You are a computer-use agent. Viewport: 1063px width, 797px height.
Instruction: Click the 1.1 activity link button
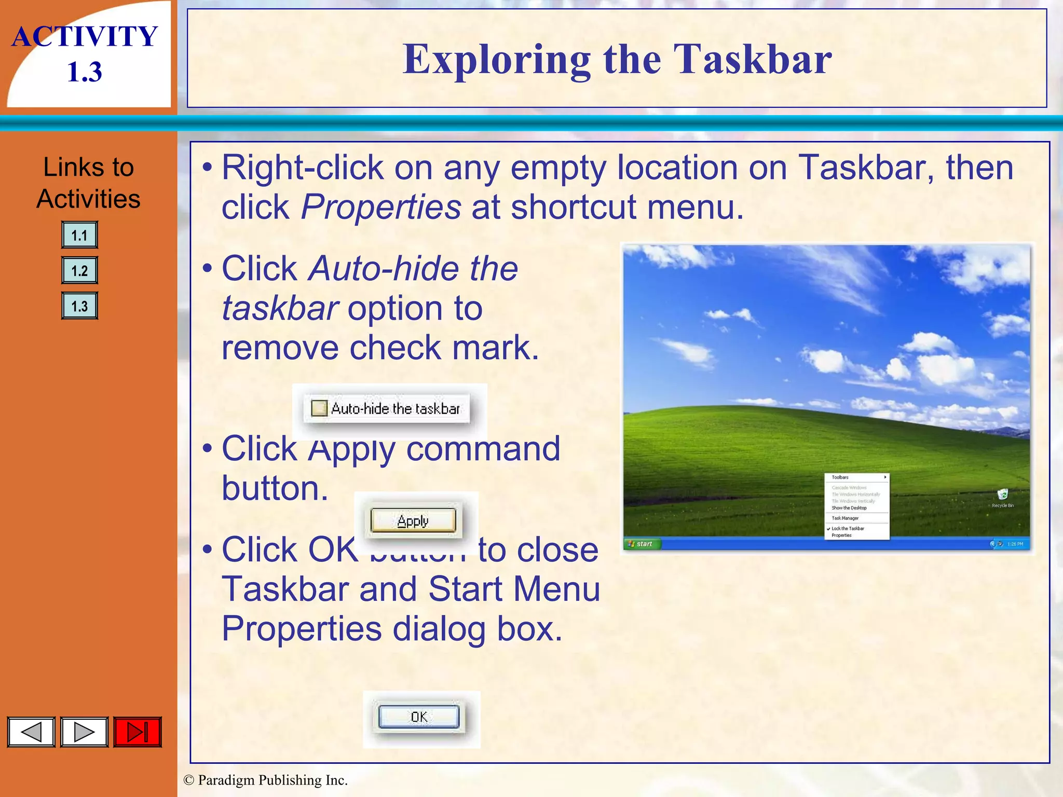pyautogui.click(x=79, y=235)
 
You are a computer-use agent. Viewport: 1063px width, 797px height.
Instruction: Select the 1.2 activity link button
pyautogui.click(x=79, y=270)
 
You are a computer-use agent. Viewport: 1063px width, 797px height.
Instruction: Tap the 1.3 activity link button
pyautogui.click(x=79, y=306)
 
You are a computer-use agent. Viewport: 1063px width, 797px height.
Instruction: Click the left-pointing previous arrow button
pyautogui.click(x=31, y=732)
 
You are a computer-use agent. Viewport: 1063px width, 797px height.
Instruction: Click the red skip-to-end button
pyautogui.click(x=138, y=732)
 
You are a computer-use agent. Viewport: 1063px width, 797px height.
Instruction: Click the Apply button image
pyautogui.click(x=413, y=520)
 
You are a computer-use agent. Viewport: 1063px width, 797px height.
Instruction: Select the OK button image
pyautogui.click(x=419, y=717)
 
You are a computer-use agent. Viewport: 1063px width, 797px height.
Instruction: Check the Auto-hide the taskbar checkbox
pyautogui.click(x=319, y=408)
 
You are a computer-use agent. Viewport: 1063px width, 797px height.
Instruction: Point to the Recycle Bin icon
pyautogui.click(x=1003, y=495)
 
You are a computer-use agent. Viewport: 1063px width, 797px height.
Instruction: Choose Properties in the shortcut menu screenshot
pyautogui.click(x=841, y=535)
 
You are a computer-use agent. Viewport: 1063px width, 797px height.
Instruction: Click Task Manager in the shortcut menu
pyautogui.click(x=845, y=518)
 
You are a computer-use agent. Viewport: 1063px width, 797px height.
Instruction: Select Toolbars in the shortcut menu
pyautogui.click(x=840, y=477)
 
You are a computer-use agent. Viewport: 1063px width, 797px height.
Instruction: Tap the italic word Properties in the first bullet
pyautogui.click(x=380, y=207)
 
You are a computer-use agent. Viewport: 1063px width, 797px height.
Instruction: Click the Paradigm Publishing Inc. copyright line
pyautogui.click(x=266, y=780)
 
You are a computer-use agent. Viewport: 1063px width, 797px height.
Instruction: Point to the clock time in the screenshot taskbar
pyautogui.click(x=1015, y=544)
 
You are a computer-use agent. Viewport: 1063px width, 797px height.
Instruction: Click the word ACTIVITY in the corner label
pyautogui.click(x=85, y=36)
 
